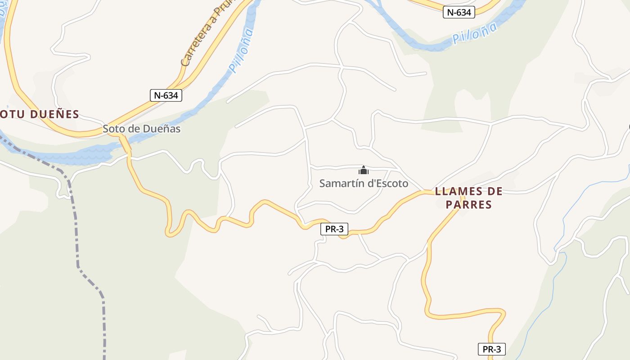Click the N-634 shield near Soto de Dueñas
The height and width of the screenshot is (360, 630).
[166, 95]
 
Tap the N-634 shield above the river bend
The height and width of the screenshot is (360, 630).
[459, 13]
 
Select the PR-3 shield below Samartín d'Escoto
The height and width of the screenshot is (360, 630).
[334, 229]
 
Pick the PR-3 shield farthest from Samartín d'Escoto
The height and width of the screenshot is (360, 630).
[491, 349]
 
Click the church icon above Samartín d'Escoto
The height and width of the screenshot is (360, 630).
[363, 170]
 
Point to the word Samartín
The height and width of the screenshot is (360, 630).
[341, 184]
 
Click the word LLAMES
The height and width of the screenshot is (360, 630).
[455, 192]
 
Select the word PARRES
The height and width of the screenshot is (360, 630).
[468, 205]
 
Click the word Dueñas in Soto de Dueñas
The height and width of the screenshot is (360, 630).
[162, 129]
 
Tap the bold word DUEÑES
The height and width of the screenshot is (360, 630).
[55, 114]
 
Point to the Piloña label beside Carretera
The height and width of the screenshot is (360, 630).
[240, 49]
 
